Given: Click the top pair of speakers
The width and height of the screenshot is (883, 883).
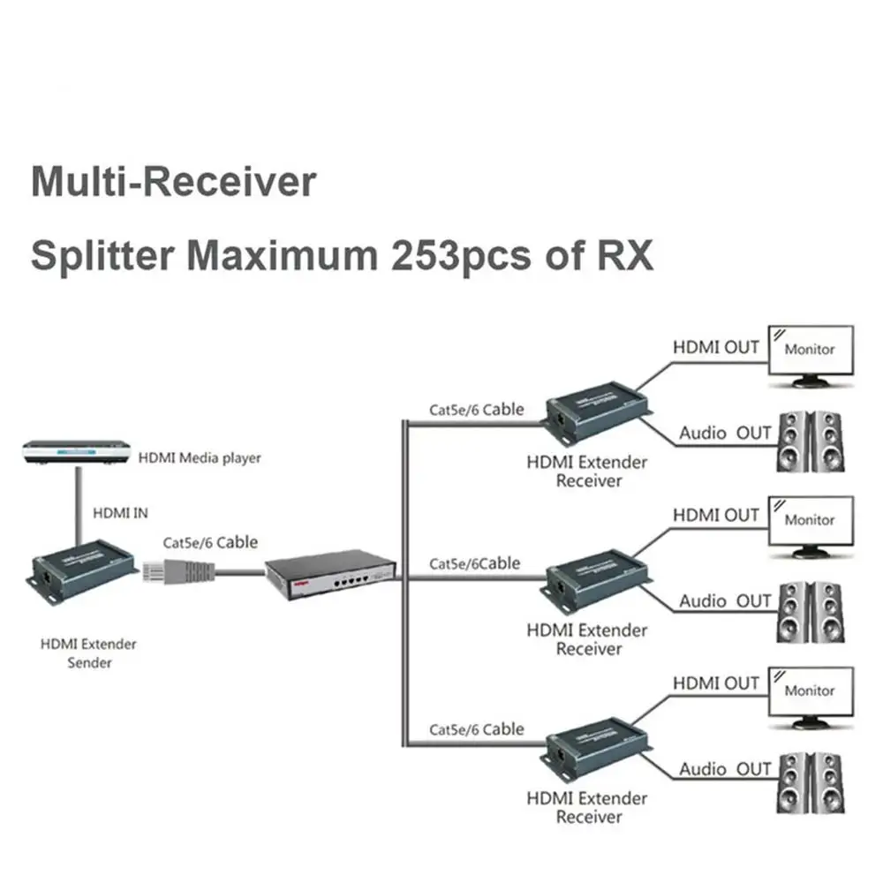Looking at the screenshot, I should point(809,441).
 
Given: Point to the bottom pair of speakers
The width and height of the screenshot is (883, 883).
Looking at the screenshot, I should point(809,781).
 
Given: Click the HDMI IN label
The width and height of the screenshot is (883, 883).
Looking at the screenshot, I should point(120,512).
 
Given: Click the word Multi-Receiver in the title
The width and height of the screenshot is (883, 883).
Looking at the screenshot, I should point(173,182).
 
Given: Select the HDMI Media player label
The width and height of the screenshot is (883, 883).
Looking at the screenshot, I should point(200,457).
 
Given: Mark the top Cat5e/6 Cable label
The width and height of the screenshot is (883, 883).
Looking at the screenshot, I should point(476,410).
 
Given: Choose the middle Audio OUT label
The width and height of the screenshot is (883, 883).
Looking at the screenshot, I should point(725,601).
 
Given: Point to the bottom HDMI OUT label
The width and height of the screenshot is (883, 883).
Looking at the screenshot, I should point(716,683).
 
